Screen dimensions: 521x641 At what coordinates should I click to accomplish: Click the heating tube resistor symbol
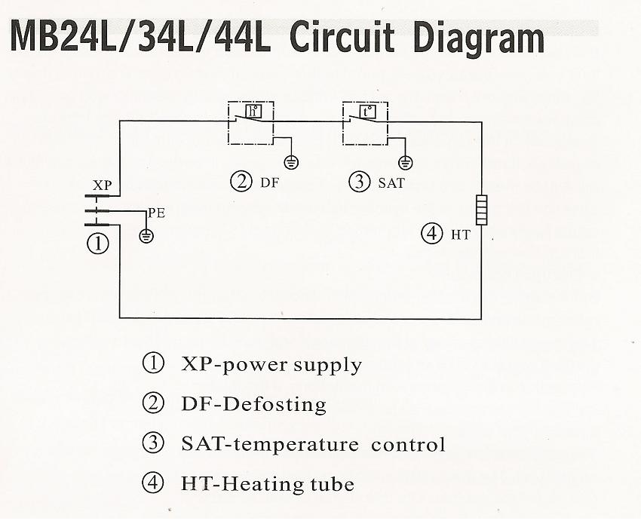tap(481, 205)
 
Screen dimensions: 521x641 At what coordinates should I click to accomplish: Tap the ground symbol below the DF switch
tap(290, 161)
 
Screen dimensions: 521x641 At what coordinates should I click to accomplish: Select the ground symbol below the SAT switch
tap(406, 161)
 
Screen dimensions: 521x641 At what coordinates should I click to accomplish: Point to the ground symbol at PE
tap(146, 236)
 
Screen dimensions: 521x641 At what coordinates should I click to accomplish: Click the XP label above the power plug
tap(102, 185)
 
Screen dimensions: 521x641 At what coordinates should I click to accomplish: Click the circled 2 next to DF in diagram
tap(241, 182)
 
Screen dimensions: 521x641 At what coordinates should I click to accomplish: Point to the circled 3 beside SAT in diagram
tap(358, 182)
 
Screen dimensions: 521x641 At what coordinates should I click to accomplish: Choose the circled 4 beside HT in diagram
tap(431, 234)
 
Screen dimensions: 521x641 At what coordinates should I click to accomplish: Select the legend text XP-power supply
tap(271, 366)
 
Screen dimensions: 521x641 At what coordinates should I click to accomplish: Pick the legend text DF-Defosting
tap(253, 405)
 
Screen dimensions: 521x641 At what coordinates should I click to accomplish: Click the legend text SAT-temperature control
tap(313, 444)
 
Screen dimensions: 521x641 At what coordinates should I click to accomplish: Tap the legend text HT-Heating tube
tap(268, 483)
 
